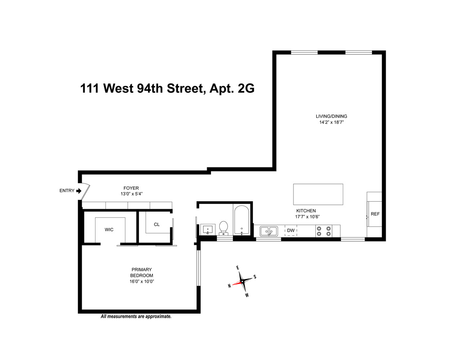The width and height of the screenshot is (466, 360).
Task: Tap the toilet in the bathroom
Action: tap(224, 228)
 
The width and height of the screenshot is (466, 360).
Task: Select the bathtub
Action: tap(241, 220)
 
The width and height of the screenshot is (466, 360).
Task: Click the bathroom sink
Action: tap(208, 229)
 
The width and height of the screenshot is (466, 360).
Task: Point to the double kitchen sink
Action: tap(269, 231)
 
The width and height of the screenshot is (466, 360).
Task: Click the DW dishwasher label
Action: tap(291, 230)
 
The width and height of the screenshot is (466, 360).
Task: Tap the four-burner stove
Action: tap(324, 231)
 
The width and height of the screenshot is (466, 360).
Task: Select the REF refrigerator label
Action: tap(375, 214)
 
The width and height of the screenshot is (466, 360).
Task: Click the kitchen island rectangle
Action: tap(318, 194)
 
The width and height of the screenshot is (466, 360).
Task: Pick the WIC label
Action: tap(109, 230)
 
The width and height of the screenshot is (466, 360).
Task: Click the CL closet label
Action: tap(157, 224)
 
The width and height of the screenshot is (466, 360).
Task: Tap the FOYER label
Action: tap(131, 188)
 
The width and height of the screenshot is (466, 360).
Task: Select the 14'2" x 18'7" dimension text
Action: tap(331, 122)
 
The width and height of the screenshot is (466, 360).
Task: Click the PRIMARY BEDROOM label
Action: tap(142, 273)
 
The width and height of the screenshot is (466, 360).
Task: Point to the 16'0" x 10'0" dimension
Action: tap(142, 282)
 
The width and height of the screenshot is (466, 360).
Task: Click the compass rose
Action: tap(242, 281)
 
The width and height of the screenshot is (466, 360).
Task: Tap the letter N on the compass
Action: tap(229, 286)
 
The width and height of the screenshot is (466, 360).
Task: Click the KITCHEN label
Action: tap(306, 211)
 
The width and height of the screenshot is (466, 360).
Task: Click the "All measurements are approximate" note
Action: tap(136, 317)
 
